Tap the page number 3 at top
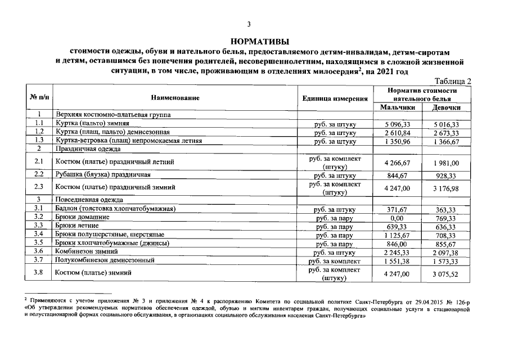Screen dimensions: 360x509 click(249, 24)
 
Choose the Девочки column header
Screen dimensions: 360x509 click(447, 107)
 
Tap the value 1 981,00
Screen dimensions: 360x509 click(447, 163)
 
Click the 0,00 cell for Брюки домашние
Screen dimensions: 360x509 click(398, 217)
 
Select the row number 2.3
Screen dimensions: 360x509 click(39, 187)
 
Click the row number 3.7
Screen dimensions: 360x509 click(39, 260)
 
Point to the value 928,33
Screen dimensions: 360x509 click(447, 175)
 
